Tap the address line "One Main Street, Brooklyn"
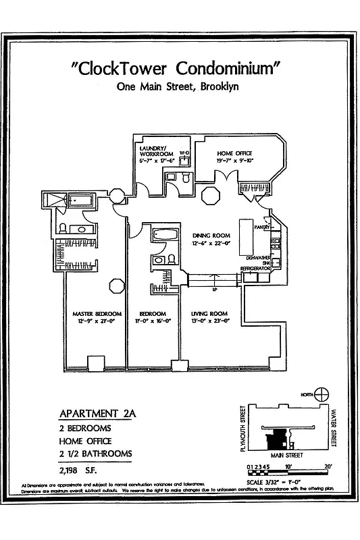(177, 86)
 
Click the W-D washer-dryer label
(184, 153)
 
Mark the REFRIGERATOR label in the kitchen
(255, 269)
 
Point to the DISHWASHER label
(259, 257)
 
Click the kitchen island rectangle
(245, 233)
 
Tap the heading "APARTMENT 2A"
(98, 413)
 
